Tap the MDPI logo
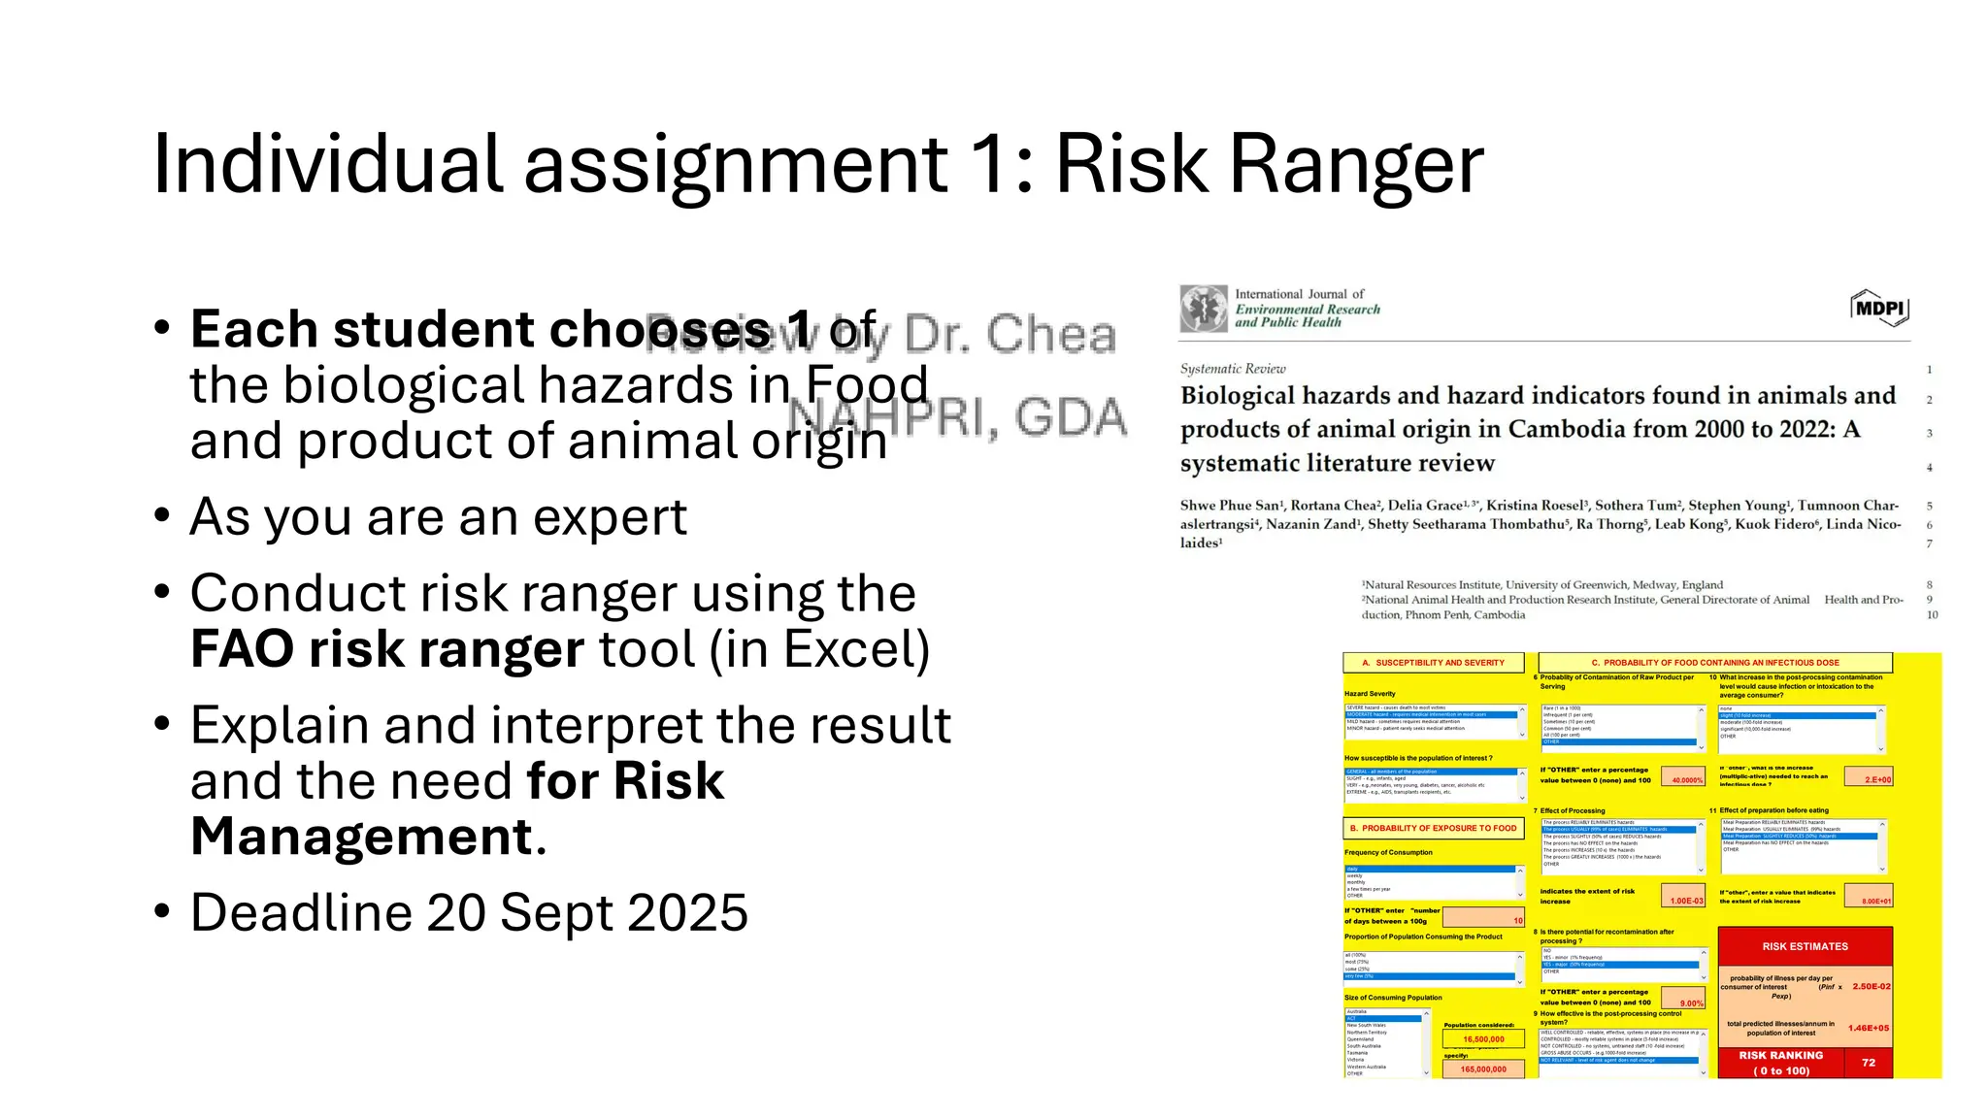click(x=1880, y=309)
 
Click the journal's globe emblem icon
click(x=1204, y=309)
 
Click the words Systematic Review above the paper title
click(x=1233, y=369)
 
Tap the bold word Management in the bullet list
click(x=362, y=837)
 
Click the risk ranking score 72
click(x=1869, y=1063)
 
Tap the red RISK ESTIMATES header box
click(x=1805, y=946)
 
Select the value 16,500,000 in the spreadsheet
click(x=1483, y=1039)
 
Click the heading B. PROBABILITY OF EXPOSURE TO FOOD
click(x=1433, y=828)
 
